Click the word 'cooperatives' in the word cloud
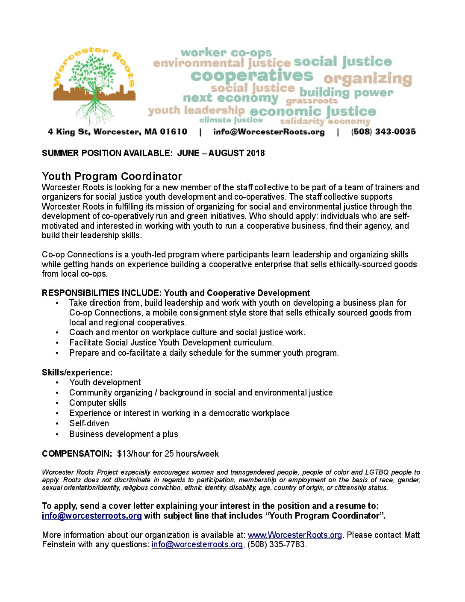tap(252, 76)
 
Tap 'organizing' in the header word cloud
tap(368, 79)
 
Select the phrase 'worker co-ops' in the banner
tap(226, 53)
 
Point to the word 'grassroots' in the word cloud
tap(312, 101)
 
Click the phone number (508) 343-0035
tap(383, 132)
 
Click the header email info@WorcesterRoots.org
tap(269, 132)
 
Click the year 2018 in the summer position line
tap(255, 153)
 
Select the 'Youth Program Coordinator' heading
tap(112, 176)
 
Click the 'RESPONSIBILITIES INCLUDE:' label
tap(102, 293)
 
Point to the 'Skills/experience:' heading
tap(77, 372)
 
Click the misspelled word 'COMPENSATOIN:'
tap(77, 454)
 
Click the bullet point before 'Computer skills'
tap(57, 403)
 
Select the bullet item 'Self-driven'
tap(89, 423)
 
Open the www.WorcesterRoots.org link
tap(294, 535)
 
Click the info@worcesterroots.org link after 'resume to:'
tap(92, 516)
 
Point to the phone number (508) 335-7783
tap(277, 544)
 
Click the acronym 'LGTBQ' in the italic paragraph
tap(377, 472)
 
